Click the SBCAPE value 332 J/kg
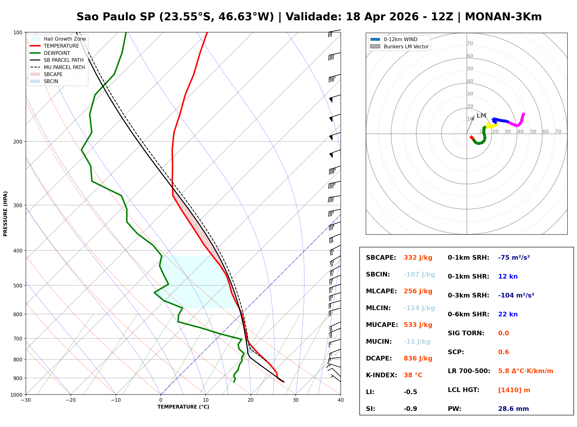(x=418, y=258)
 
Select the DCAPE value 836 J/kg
(x=418, y=358)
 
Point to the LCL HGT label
(x=463, y=390)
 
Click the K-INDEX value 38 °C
(x=413, y=375)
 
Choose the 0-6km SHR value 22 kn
(x=507, y=314)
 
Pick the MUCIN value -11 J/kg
(x=417, y=342)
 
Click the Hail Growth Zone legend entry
(x=65, y=39)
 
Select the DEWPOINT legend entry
(x=57, y=53)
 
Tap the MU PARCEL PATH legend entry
(x=64, y=67)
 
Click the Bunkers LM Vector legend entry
(x=406, y=46)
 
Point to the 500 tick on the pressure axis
(x=18, y=286)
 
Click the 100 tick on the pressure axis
(x=18, y=32)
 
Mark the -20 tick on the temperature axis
(x=71, y=400)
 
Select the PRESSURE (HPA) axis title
(x=5, y=213)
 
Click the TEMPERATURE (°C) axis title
(x=183, y=407)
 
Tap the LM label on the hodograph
(x=481, y=115)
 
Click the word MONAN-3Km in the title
(x=503, y=17)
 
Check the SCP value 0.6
(x=503, y=352)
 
